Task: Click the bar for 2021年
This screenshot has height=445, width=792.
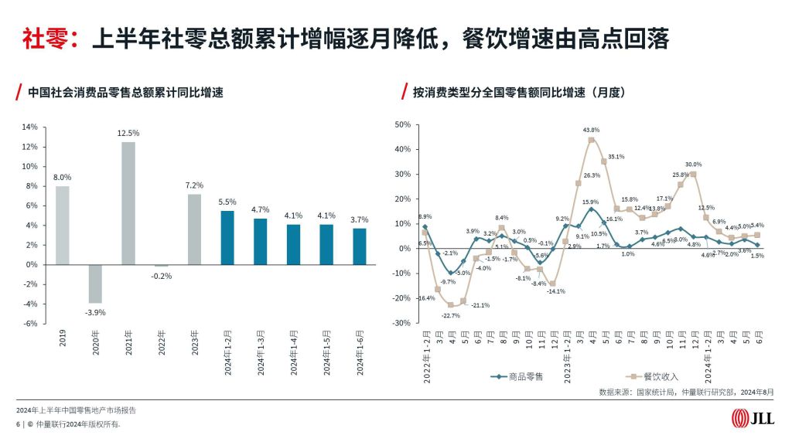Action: tap(128, 203)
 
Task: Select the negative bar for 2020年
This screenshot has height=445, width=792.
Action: tap(95, 284)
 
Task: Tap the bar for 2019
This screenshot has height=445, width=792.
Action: tap(62, 225)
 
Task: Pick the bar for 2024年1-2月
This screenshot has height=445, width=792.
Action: tap(228, 237)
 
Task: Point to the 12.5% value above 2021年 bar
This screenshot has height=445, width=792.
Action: tap(128, 133)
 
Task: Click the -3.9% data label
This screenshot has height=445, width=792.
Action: tap(95, 312)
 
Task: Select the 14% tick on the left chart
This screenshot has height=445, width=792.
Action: tap(30, 127)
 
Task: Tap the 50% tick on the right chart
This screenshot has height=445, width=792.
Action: tap(402, 124)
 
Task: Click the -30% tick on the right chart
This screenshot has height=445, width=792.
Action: tap(401, 323)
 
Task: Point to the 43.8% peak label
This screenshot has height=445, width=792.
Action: tap(592, 130)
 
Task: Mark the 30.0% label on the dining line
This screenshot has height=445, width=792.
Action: tap(693, 164)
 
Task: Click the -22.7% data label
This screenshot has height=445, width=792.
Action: tap(451, 315)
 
